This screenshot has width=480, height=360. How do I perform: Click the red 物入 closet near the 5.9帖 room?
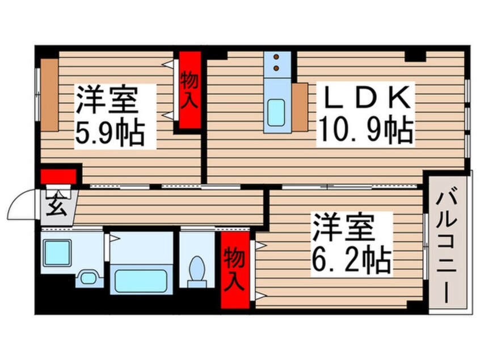(x=190, y=90)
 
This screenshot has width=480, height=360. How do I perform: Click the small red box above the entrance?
(x=58, y=175)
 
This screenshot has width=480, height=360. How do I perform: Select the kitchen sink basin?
(x=277, y=111)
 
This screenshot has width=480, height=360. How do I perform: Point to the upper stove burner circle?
(x=277, y=58)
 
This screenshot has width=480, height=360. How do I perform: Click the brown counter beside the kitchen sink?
(x=300, y=106)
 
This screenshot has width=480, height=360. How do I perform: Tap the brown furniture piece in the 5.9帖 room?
(x=49, y=94)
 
